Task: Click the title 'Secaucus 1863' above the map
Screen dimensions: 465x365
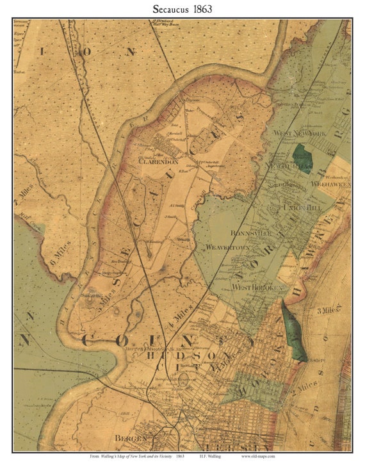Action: [182, 9]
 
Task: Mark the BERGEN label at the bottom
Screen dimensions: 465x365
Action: [131, 438]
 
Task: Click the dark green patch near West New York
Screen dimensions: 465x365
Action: [301, 159]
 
